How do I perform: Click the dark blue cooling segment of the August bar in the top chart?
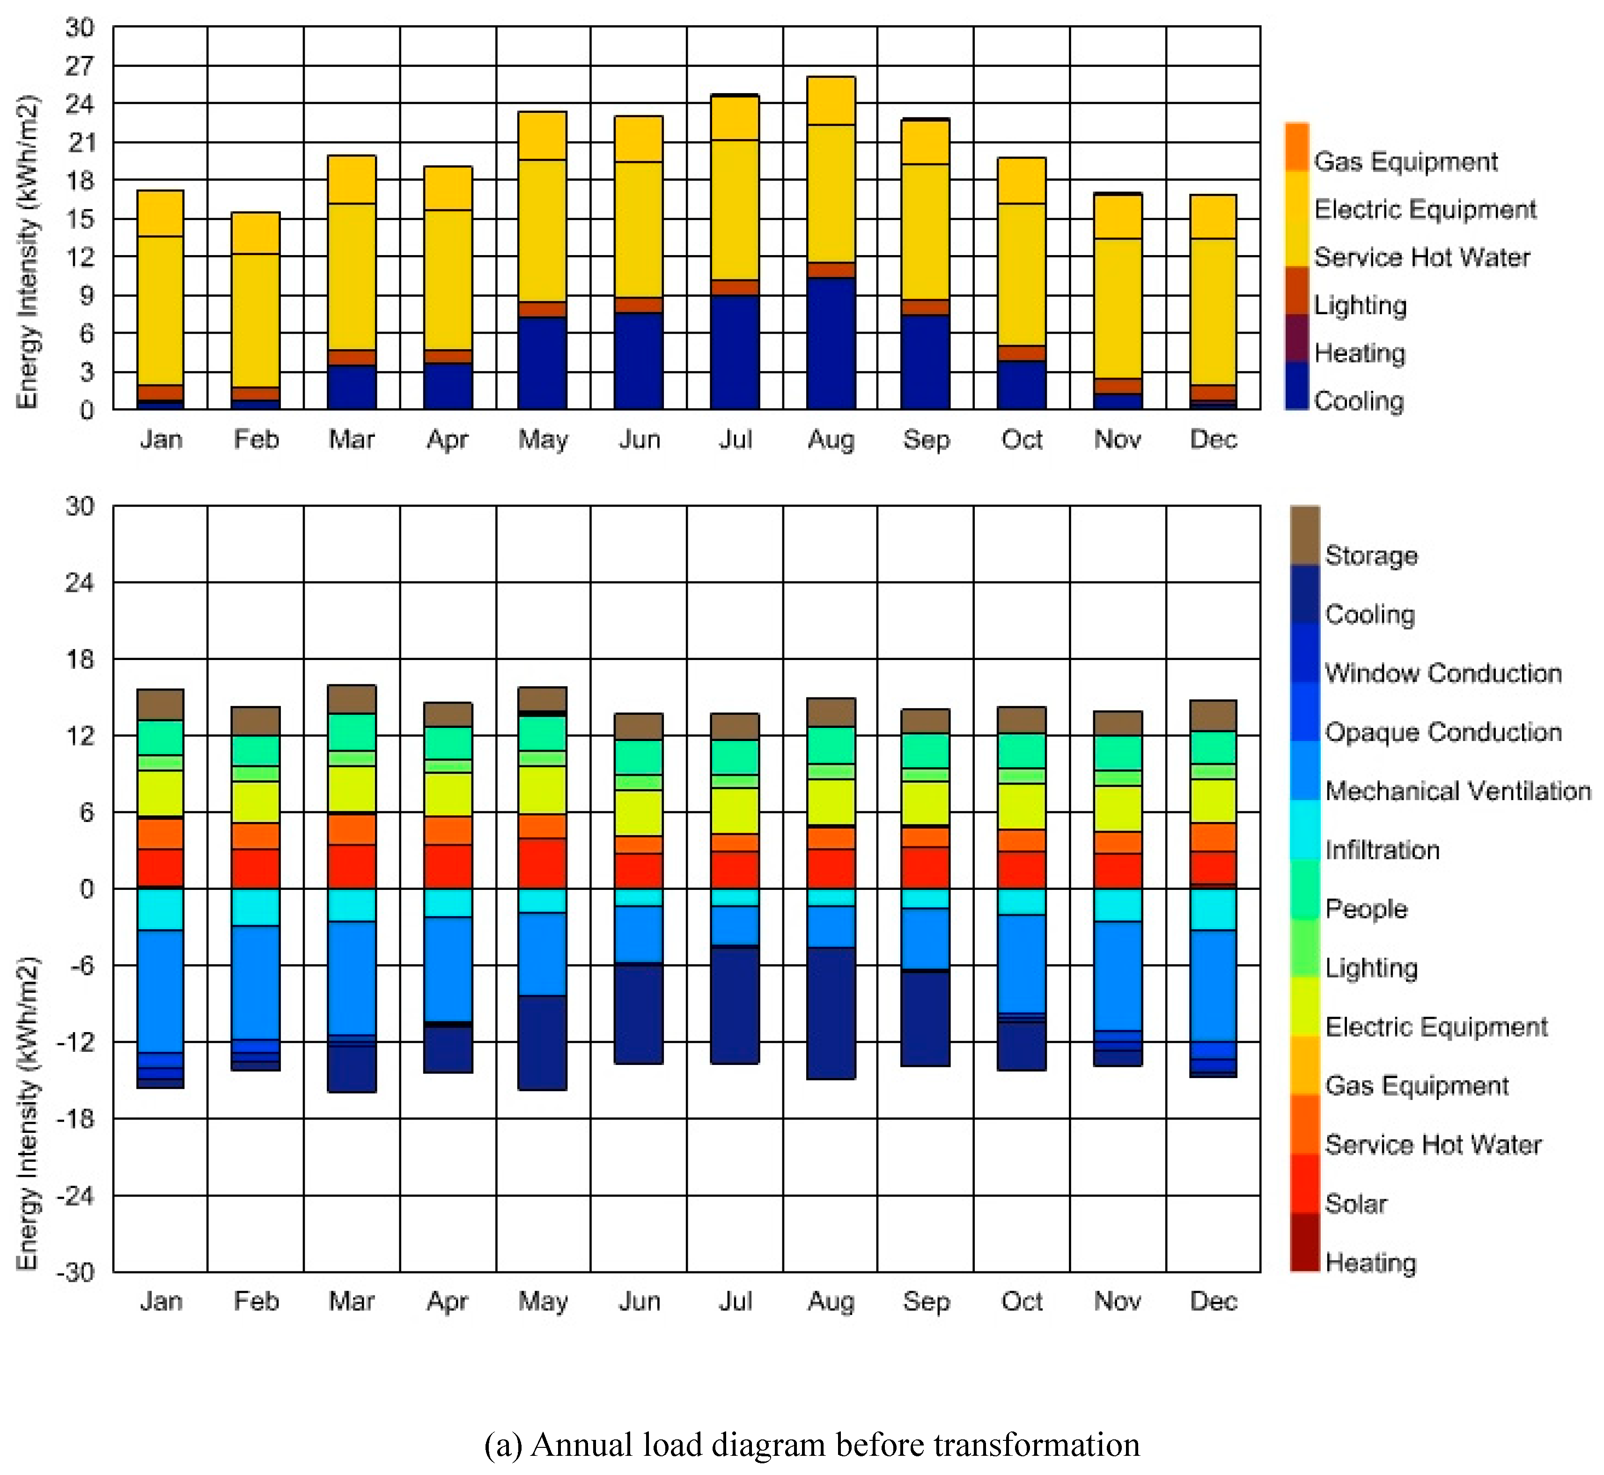pyautogui.click(x=831, y=343)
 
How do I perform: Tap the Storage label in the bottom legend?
pyautogui.click(x=1371, y=556)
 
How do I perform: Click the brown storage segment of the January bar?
pyautogui.click(x=161, y=704)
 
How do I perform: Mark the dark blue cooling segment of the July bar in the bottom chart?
pyautogui.click(x=735, y=1005)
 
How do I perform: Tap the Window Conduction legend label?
pyautogui.click(x=1443, y=673)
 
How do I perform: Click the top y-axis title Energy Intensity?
pyautogui.click(x=28, y=251)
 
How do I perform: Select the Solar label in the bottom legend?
pyautogui.click(x=1356, y=1203)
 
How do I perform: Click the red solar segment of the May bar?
pyautogui.click(x=543, y=864)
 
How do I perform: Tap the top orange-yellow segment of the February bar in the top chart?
pyautogui.click(x=256, y=233)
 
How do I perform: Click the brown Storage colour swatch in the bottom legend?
pyautogui.click(x=1305, y=535)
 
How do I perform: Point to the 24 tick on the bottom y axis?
pyautogui.click(x=80, y=583)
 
